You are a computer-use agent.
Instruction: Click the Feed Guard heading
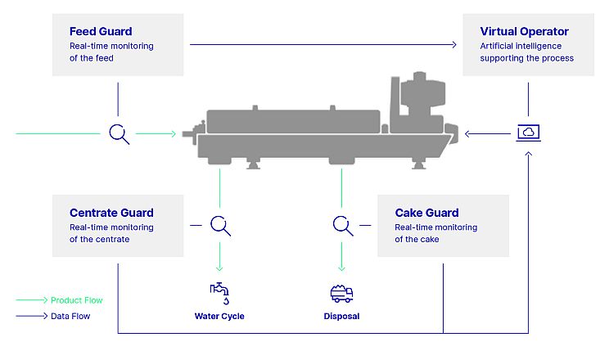pyautogui.click(x=101, y=31)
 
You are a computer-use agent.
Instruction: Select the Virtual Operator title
pyautogui.click(x=524, y=31)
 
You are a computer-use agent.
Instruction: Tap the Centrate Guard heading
pyautogui.click(x=111, y=213)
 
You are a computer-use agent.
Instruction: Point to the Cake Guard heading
pyautogui.click(x=426, y=213)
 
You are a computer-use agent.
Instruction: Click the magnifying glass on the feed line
pyautogui.click(x=119, y=134)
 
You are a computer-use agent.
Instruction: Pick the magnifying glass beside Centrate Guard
pyautogui.click(x=220, y=226)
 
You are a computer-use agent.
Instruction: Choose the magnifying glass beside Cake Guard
pyautogui.click(x=343, y=226)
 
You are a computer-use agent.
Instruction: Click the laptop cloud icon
pyautogui.click(x=528, y=133)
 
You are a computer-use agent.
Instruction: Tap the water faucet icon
pyautogui.click(x=219, y=294)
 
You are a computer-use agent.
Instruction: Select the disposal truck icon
pyautogui.click(x=342, y=294)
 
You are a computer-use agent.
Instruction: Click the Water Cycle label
pyautogui.click(x=219, y=316)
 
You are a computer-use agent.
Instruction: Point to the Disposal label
pyautogui.click(x=342, y=316)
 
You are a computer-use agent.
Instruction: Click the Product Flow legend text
pyautogui.click(x=76, y=300)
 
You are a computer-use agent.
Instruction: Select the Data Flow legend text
pyautogui.click(x=70, y=316)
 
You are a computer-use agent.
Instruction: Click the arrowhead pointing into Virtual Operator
pyautogui.click(x=454, y=45)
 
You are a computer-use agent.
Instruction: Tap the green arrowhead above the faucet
pyautogui.click(x=219, y=268)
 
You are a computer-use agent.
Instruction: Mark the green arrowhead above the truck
pyautogui.click(x=342, y=268)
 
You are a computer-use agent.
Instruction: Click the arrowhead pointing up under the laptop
pyautogui.click(x=528, y=154)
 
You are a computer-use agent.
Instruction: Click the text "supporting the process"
pyautogui.click(x=526, y=58)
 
